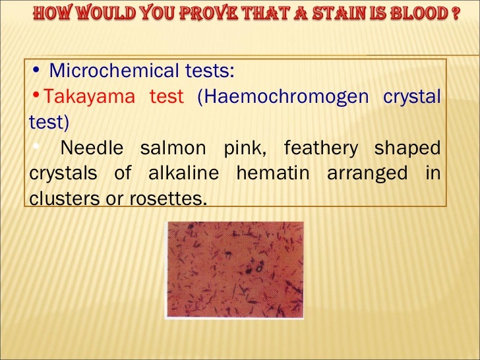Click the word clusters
[x=59, y=197]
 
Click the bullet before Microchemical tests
[x=36, y=69]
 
